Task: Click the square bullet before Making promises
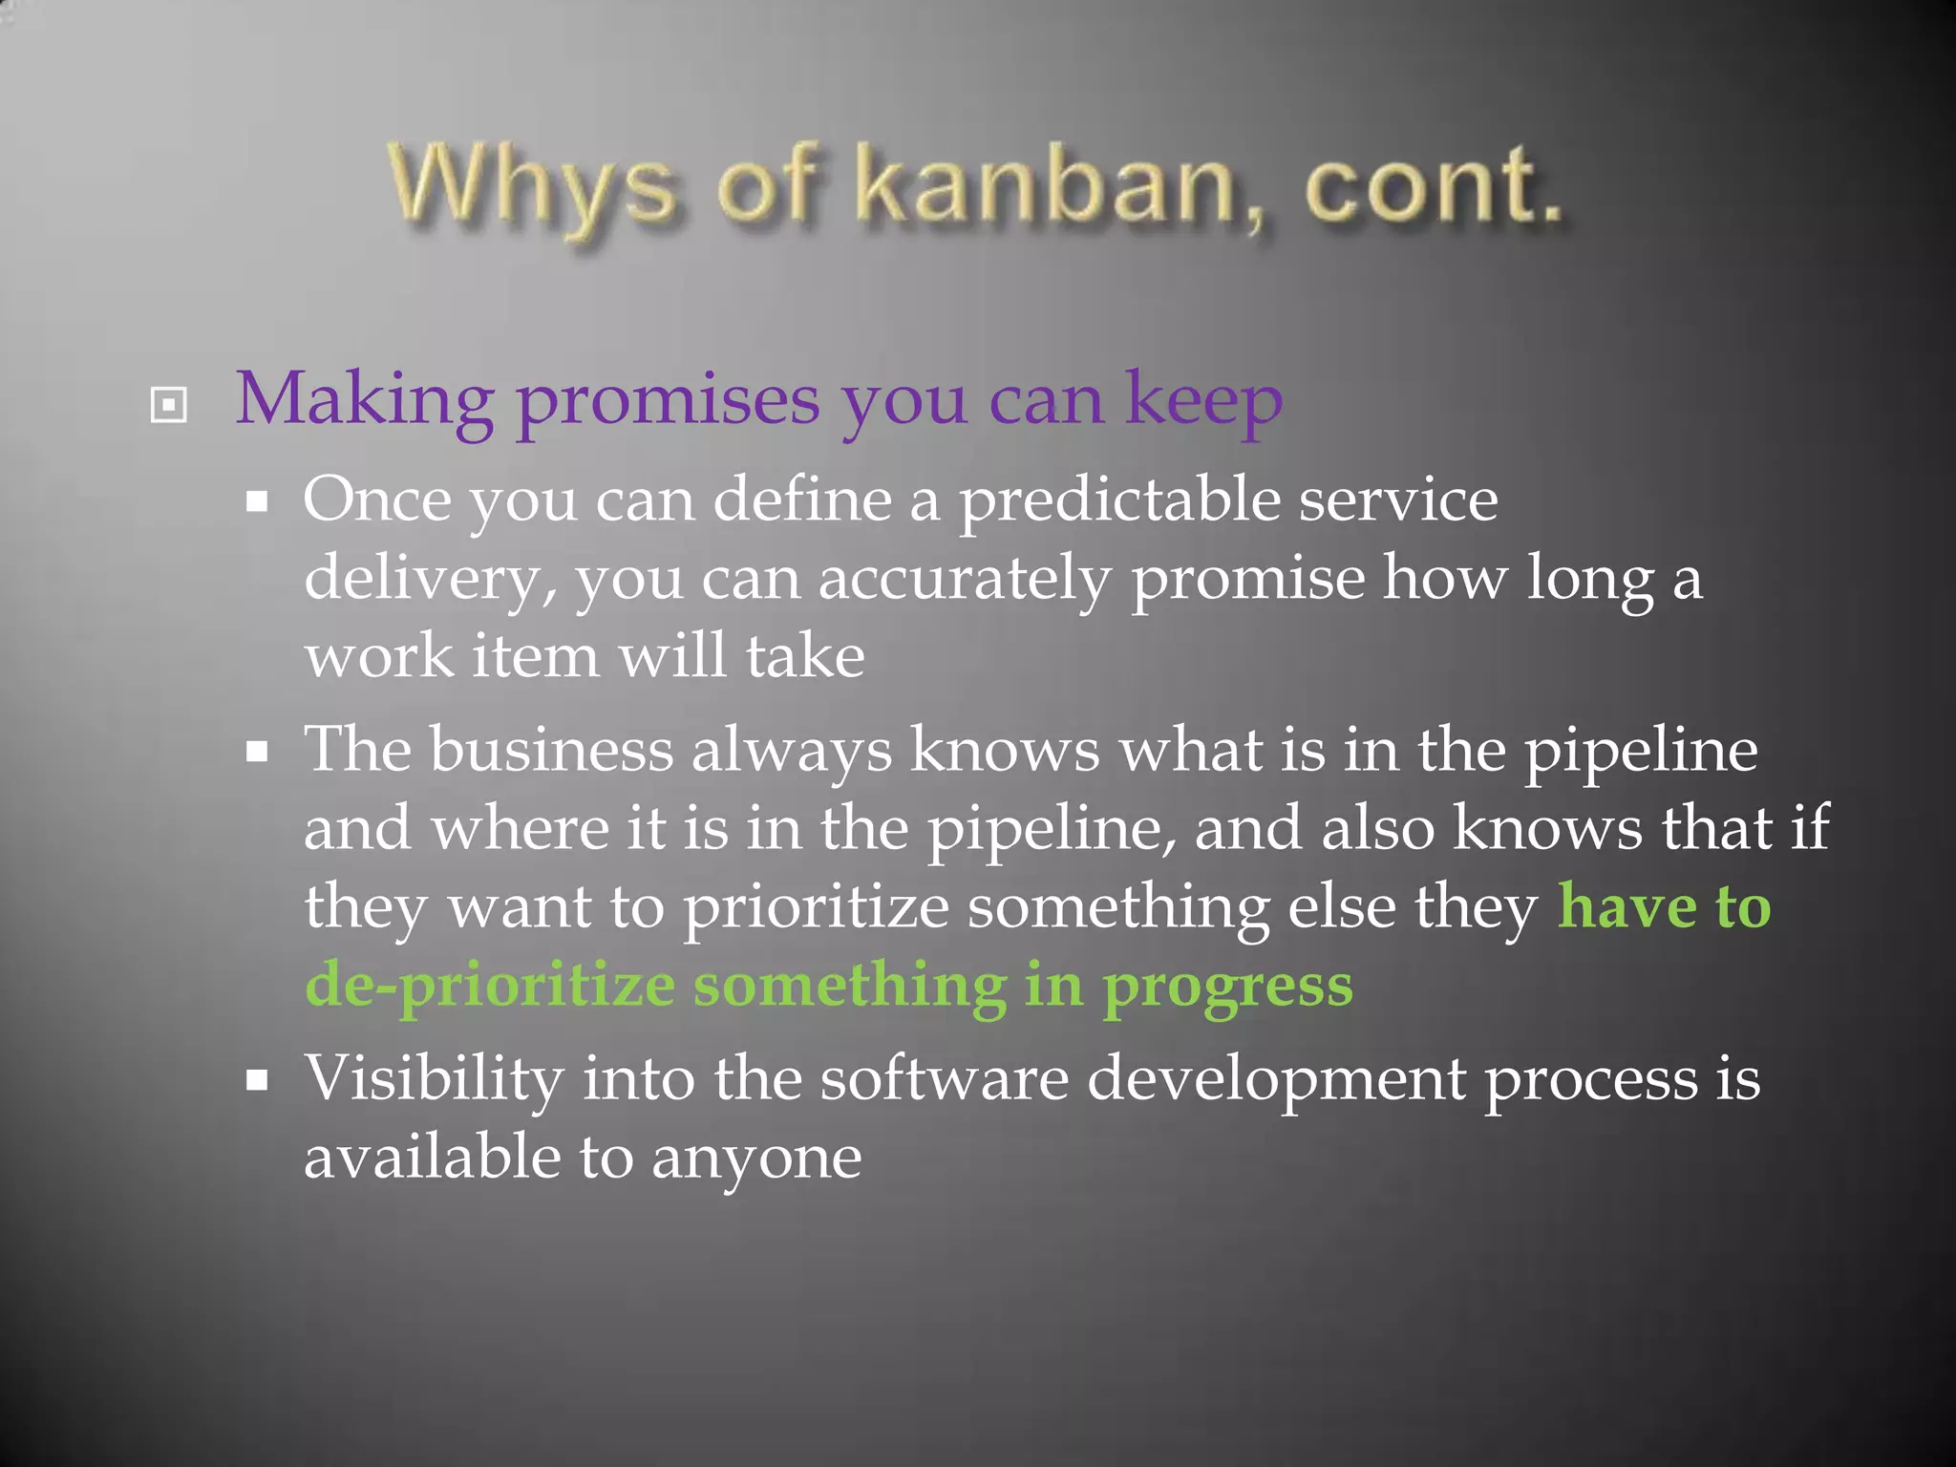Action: coord(169,405)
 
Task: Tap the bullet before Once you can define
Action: coord(257,502)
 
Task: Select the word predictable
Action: coord(1118,500)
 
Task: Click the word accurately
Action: coord(965,579)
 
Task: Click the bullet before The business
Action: coord(257,753)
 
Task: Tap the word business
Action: coord(551,749)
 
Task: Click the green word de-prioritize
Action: coord(489,986)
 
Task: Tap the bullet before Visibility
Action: coord(257,1082)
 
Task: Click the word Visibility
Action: coord(434,1079)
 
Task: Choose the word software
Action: coord(944,1079)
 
